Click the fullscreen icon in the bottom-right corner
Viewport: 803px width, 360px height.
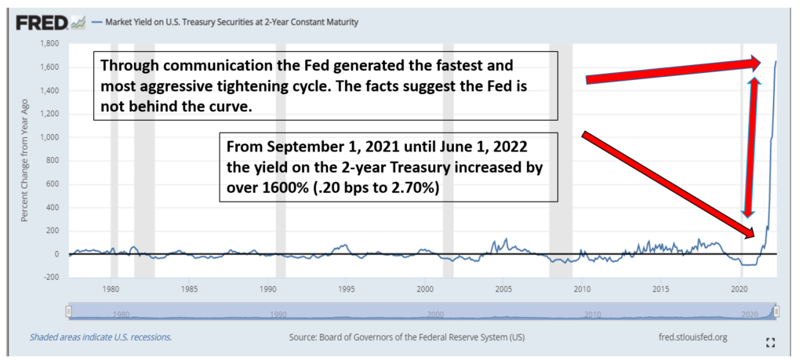click(770, 343)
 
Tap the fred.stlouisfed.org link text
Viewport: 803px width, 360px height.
click(694, 337)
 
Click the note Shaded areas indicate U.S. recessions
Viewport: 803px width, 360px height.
click(100, 337)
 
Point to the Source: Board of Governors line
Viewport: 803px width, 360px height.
click(407, 337)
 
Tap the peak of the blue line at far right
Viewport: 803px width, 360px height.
click(776, 61)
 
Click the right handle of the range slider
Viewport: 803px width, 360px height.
click(776, 311)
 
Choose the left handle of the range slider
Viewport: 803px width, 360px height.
click(68, 311)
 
